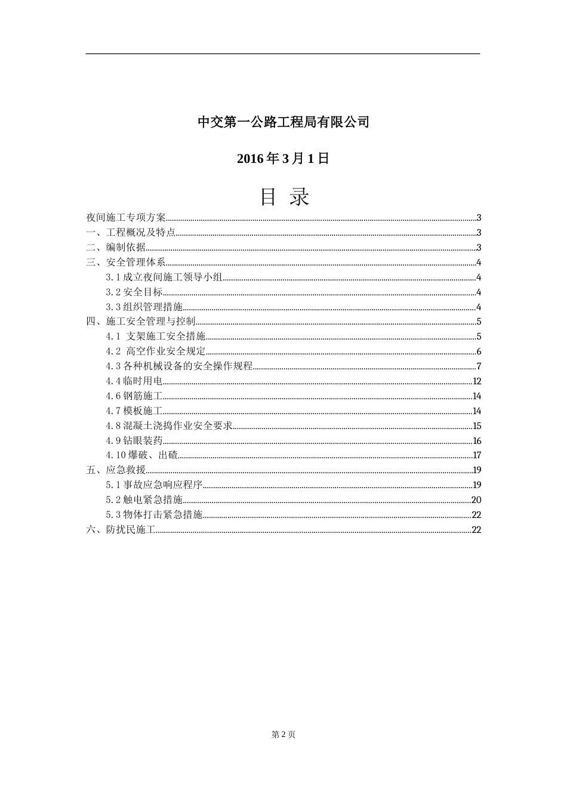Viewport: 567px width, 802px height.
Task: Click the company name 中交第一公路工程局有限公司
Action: click(283, 122)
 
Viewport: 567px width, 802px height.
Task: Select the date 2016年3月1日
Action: click(283, 159)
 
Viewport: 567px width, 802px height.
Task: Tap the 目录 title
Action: click(284, 196)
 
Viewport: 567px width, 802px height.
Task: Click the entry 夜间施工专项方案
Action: click(127, 218)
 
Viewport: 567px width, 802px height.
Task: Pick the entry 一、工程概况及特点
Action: click(131, 233)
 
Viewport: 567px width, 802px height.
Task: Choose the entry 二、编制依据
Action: click(116, 248)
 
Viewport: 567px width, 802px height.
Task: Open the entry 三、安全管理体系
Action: click(126, 263)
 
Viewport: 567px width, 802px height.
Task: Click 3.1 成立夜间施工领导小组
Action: click(164, 277)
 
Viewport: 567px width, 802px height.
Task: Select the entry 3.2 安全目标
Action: click(134, 292)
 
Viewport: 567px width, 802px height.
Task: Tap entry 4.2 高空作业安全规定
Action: click(156, 351)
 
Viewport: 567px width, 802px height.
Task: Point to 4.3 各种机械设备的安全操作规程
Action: click(180, 366)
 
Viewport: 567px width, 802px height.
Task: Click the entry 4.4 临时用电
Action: click(134, 381)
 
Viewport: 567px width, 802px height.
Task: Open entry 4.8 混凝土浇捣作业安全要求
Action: click(169, 425)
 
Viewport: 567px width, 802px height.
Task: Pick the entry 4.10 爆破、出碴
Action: click(142, 455)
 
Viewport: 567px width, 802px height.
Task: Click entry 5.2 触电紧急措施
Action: click(144, 500)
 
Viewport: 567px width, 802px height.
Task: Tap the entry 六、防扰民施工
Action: click(121, 529)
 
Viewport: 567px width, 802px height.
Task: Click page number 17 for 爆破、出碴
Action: click(476, 455)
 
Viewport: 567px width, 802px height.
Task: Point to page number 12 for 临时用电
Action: click(476, 381)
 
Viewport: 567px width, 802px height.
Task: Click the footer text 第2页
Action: click(283, 735)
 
